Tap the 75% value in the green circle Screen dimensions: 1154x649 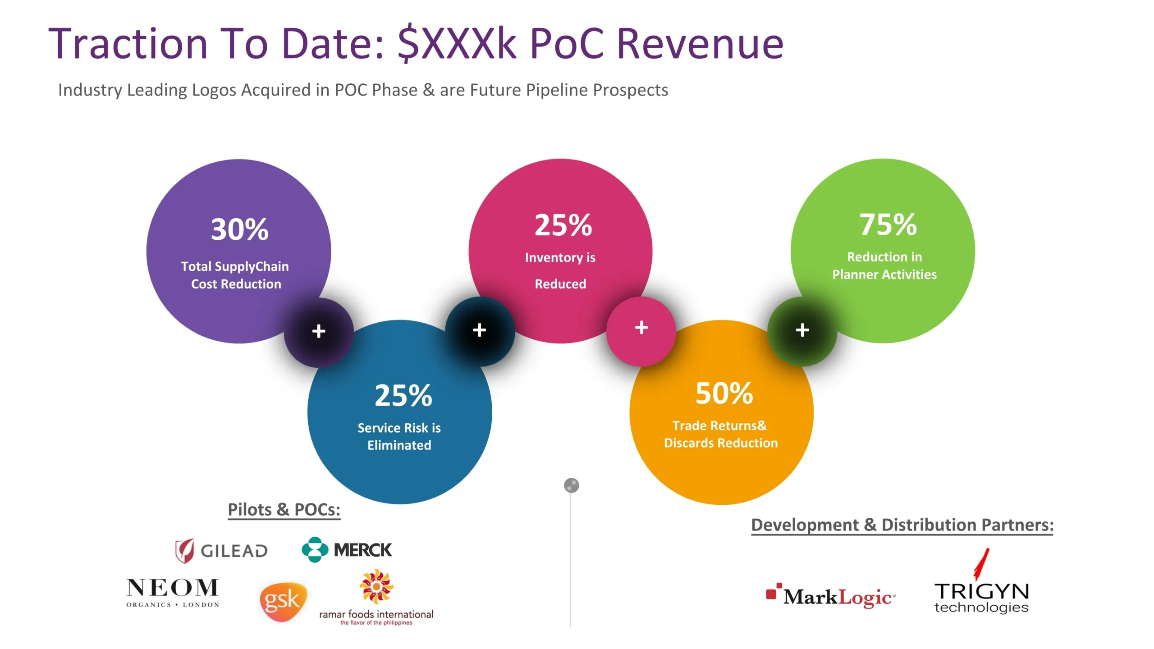coord(888,224)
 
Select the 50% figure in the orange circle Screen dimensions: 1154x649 coord(724,393)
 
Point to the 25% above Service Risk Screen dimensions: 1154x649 coord(403,395)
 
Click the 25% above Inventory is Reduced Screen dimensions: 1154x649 coord(563,225)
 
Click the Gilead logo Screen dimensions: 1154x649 coord(221,550)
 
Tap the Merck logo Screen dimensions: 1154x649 coord(347,549)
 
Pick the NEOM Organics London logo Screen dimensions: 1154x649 coord(173,593)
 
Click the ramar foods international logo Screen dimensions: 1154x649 coord(376,598)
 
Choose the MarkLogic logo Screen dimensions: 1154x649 coord(831,596)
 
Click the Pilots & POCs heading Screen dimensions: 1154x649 coord(284,510)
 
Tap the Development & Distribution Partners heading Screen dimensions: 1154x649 coord(902,525)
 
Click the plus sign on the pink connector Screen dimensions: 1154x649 coord(641,327)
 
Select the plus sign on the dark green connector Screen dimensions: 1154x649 coord(802,330)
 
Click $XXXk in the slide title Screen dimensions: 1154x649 coord(457,44)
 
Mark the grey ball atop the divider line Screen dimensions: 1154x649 coord(571,485)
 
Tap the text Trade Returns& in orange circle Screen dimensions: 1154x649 coord(719,425)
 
